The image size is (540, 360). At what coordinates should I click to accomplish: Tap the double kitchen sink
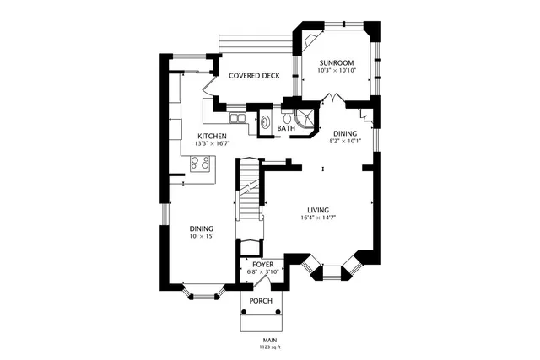point(239,120)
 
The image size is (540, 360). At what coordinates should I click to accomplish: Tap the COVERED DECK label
point(254,76)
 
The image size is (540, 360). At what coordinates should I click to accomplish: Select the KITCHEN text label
point(211,137)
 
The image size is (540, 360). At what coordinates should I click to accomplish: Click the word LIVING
point(317,210)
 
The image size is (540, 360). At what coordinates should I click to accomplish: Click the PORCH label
point(260,301)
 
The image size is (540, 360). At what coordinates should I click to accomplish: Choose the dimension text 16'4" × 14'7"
point(317,218)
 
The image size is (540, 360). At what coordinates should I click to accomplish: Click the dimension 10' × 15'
point(201,237)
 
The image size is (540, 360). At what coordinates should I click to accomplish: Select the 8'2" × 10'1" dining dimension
point(344,141)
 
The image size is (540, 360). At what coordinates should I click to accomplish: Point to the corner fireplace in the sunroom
point(312,40)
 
